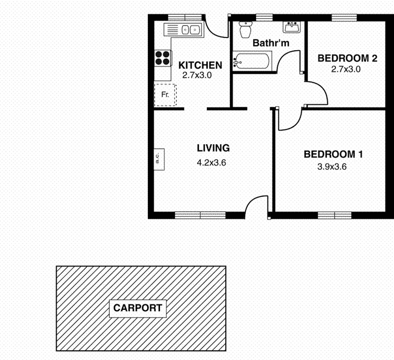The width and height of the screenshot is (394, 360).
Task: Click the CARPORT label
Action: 138,309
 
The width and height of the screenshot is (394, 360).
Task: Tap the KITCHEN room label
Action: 200,65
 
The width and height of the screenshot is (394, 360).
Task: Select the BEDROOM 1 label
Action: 333,155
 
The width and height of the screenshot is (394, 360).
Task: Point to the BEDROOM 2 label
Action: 347,58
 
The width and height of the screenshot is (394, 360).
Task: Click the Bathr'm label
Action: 271,43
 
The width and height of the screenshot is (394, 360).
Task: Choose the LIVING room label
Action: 213,148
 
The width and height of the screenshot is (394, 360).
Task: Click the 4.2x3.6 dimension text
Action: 211,163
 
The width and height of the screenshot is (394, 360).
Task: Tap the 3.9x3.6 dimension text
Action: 332,167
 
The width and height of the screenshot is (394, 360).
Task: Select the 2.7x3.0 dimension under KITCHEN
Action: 197,76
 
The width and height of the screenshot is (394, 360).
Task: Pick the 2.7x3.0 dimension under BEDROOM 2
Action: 346,69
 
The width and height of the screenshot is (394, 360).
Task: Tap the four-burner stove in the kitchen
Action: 163,58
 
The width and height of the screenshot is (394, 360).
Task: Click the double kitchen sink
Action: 190,30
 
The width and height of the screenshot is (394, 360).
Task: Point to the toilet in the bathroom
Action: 245,30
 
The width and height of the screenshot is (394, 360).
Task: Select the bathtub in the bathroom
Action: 251,63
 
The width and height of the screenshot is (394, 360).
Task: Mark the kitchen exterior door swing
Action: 215,27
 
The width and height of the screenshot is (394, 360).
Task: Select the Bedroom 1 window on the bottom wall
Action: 334,215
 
